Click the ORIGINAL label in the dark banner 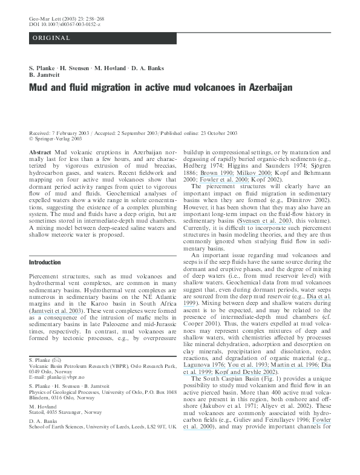[x=51, y=38]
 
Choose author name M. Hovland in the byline [x=111, y=68]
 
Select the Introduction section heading [x=45, y=262]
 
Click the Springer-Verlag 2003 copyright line [x=57, y=139]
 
